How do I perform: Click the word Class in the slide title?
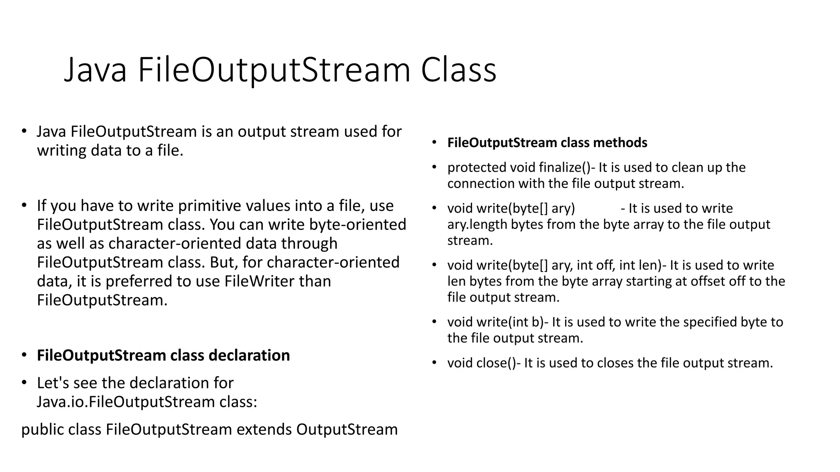coord(459,70)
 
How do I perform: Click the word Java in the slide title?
coord(95,70)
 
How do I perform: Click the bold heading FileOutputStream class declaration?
coord(163,355)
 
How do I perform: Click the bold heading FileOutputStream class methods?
coord(547,143)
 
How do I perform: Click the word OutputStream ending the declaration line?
coord(347,429)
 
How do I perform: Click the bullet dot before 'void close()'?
coord(434,363)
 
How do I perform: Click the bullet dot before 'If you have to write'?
coord(24,205)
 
